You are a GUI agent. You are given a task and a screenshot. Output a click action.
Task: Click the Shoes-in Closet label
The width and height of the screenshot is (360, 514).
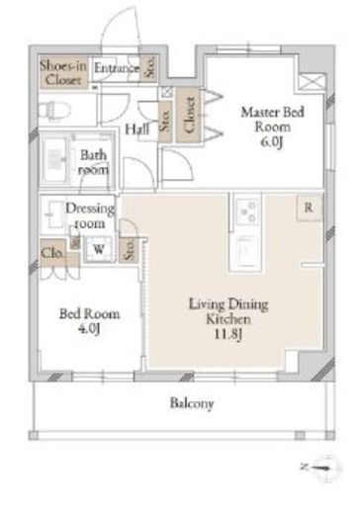point(63,72)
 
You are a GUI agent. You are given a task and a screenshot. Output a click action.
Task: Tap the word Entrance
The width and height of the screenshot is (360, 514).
point(117,68)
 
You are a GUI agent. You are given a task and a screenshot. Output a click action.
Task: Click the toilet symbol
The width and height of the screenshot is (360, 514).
point(54,110)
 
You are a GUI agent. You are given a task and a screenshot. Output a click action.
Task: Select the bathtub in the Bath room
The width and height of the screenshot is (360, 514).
point(55,159)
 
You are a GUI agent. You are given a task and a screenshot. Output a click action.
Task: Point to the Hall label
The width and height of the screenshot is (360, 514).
point(136,128)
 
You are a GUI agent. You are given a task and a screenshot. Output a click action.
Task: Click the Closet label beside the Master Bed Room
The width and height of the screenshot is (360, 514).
point(189,116)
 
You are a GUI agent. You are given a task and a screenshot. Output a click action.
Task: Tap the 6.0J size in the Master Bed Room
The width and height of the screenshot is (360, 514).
point(272,142)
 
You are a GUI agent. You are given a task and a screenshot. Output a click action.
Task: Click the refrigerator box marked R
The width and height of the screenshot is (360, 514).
point(309,208)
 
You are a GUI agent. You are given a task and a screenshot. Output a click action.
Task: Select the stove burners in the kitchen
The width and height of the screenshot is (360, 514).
point(248,212)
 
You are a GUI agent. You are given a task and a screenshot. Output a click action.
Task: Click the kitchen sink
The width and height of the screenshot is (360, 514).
point(246,252)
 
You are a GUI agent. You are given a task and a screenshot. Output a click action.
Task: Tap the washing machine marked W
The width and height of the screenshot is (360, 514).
point(99,249)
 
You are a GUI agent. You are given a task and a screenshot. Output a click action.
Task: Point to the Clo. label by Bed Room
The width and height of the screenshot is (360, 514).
point(52,253)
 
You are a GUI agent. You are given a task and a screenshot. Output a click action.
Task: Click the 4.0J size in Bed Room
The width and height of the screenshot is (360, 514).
point(89,328)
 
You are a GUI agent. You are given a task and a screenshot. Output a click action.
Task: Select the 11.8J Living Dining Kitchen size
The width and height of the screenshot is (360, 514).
point(228,334)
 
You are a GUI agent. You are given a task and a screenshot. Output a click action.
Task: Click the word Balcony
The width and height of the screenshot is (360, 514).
point(192,403)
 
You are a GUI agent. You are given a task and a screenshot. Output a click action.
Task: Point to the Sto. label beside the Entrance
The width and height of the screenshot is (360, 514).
point(150,67)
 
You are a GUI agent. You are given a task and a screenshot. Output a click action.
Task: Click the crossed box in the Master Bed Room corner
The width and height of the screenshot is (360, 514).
point(311,82)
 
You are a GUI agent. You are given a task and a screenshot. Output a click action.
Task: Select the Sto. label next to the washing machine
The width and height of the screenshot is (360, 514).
point(130,249)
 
